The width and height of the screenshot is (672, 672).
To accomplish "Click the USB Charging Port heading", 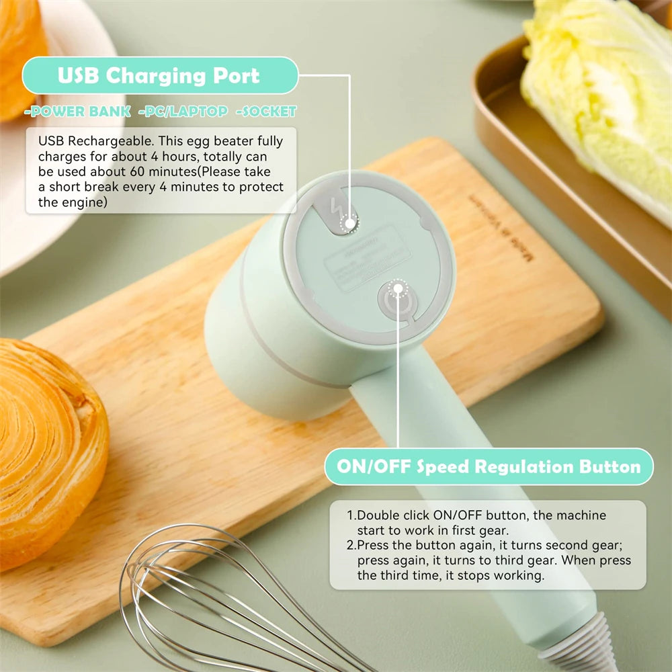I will click(159, 75).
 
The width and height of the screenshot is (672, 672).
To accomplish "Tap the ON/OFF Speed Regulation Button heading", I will click(489, 467).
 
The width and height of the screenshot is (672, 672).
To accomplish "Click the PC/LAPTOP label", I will click(183, 112).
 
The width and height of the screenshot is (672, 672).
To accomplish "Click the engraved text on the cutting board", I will click(498, 228).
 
